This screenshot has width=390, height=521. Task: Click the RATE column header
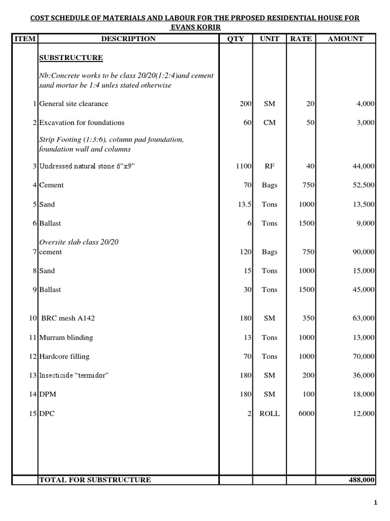click(x=301, y=39)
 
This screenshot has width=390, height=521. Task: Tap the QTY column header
click(x=236, y=39)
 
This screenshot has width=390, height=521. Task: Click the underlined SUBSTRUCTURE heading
click(x=71, y=57)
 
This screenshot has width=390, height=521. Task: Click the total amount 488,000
click(x=361, y=480)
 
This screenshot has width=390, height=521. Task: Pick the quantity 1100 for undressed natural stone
click(x=244, y=166)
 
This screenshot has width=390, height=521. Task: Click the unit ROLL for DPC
click(x=270, y=414)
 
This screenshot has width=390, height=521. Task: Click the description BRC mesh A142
click(x=69, y=319)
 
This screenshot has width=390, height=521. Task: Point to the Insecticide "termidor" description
click(x=74, y=375)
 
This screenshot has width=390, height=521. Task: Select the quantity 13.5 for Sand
click(x=245, y=205)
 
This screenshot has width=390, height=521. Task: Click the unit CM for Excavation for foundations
click(x=270, y=123)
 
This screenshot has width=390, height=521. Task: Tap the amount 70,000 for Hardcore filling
click(x=363, y=357)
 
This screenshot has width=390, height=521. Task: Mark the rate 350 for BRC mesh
click(x=308, y=319)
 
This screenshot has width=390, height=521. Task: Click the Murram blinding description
click(x=66, y=337)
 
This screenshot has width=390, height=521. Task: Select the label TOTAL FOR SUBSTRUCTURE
click(x=95, y=480)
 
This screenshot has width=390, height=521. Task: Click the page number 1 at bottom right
click(x=375, y=504)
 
